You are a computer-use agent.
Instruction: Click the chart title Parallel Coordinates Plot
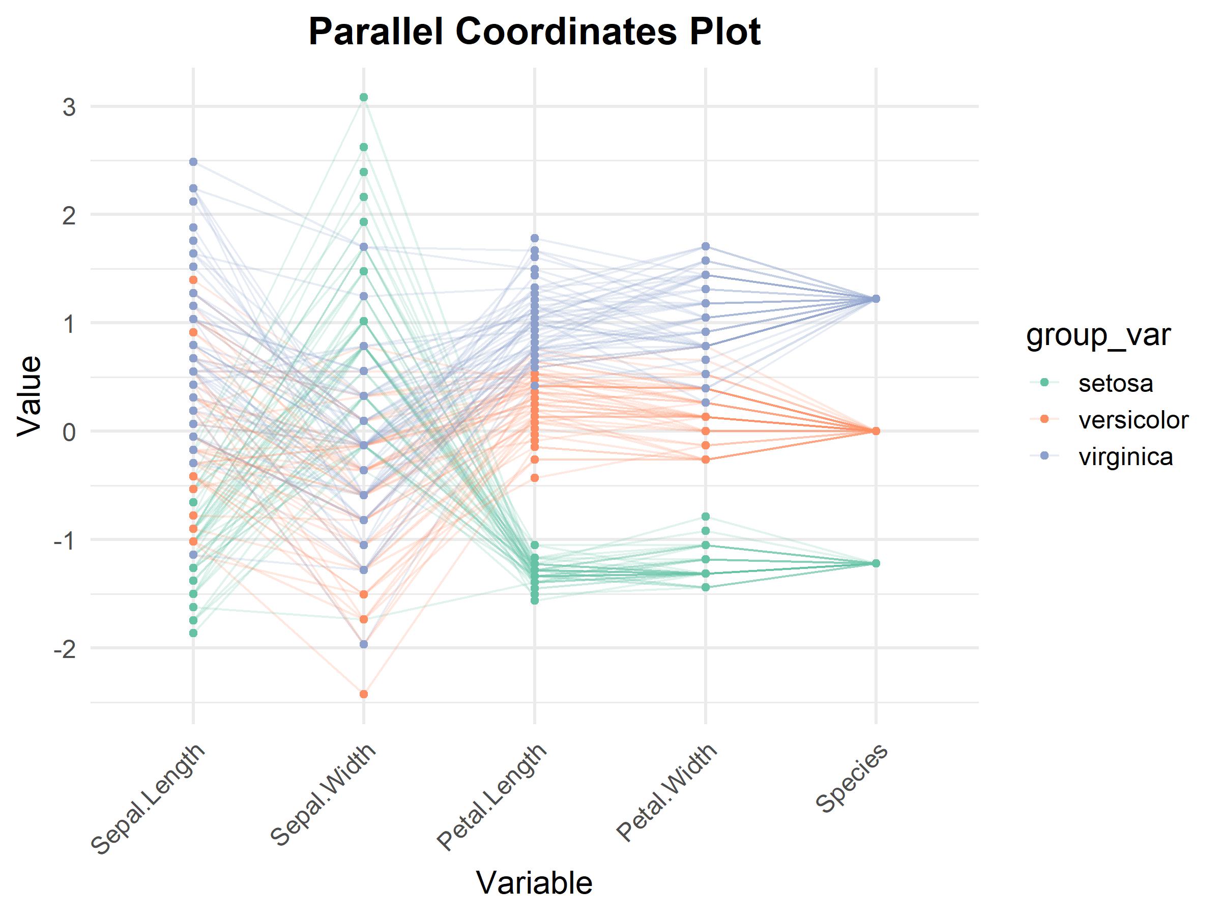pyautogui.click(x=534, y=32)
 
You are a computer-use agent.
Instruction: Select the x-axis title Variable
pyautogui.click(x=534, y=882)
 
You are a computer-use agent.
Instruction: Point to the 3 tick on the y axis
pyautogui.click(x=69, y=107)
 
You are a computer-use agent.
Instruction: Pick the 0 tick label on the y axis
pyautogui.click(x=69, y=432)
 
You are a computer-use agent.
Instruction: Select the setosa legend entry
pyautogui.click(x=1116, y=383)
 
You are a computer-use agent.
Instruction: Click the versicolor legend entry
pyautogui.click(x=1133, y=420)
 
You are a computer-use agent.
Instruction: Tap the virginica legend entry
pyautogui.click(x=1125, y=457)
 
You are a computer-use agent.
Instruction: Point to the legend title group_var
pyautogui.click(x=1098, y=335)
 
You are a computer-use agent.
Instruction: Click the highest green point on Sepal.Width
pyautogui.click(x=364, y=98)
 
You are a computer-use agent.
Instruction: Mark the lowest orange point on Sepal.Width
pyautogui.click(x=364, y=694)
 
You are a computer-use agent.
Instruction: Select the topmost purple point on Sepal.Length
pyautogui.click(x=193, y=162)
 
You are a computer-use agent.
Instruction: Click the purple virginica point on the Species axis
pyautogui.click(x=876, y=299)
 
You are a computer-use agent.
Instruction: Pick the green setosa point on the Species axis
pyautogui.click(x=876, y=563)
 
